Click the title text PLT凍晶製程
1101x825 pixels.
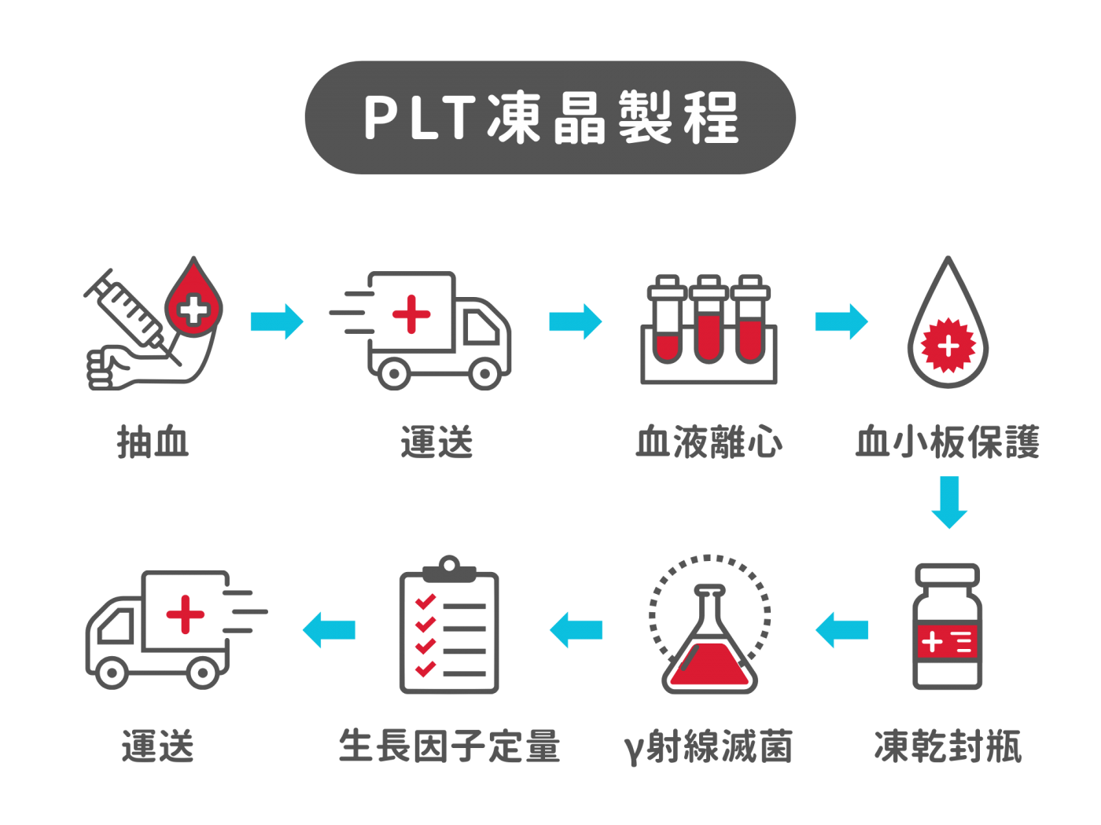[550, 118]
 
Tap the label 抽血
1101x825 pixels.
[153, 442]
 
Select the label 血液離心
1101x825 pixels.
[709, 442]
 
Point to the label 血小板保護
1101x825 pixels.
[948, 442]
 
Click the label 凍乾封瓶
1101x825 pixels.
[948, 746]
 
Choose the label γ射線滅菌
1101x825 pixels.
[709, 746]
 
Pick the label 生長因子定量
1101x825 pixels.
[449, 746]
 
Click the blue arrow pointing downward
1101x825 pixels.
[949, 501]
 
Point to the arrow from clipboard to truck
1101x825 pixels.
[330, 630]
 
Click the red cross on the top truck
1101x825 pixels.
[411, 314]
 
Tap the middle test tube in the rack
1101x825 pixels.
[709, 322]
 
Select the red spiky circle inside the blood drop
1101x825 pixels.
[948, 346]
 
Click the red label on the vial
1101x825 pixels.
[948, 642]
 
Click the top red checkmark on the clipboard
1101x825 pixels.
[425, 601]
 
